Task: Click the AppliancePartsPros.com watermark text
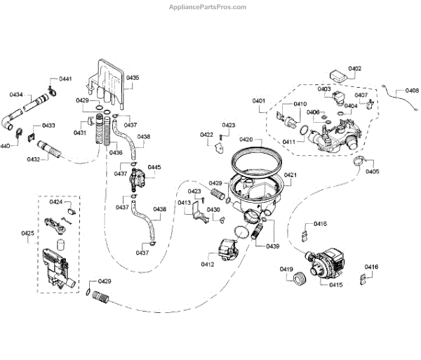[208, 7]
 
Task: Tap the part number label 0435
[132, 77]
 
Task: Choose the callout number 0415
[335, 284]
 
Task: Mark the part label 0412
[208, 264]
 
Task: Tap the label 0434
[15, 94]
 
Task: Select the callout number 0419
[286, 269]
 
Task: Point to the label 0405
[372, 171]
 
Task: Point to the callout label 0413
[184, 203]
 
